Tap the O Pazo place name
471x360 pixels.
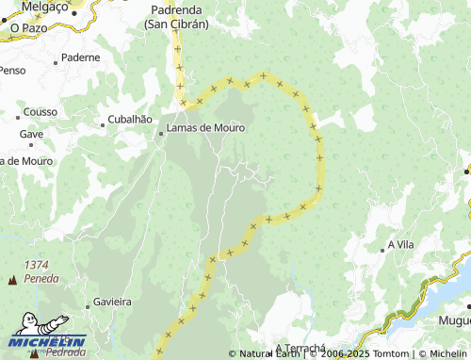coord(28,29)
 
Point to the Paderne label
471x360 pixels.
coord(79,57)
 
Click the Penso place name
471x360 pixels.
coord(12,71)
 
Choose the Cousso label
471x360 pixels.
coord(41,111)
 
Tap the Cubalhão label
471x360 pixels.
coord(130,120)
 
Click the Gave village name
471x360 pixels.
coord(31,134)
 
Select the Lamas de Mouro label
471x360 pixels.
coord(205,127)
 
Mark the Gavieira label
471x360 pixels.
coord(111,303)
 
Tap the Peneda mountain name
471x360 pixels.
coord(42,279)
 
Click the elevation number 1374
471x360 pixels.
coord(39,266)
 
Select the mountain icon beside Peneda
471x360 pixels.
coord(12,280)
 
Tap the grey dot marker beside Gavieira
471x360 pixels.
coord(86,303)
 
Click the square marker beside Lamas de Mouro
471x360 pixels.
coord(160,133)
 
